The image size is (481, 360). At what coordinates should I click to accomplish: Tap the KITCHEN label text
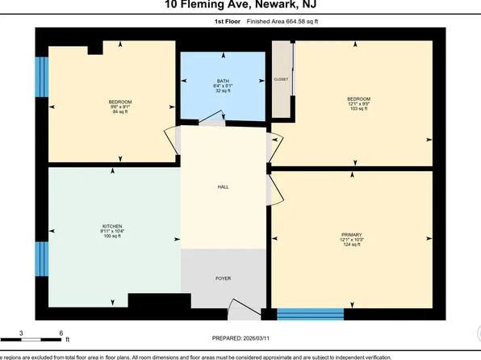pos(111,225)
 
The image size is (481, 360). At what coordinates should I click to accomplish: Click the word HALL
pos(223,186)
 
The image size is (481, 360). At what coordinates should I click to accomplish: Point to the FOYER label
pos(223,278)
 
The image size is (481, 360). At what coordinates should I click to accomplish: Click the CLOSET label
pos(281,79)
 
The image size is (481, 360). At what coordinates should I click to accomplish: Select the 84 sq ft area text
pos(119,111)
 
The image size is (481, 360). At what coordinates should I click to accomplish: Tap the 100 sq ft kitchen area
pos(111,236)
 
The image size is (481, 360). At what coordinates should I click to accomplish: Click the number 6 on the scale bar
pos(61,332)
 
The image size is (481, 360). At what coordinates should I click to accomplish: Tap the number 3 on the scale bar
pos(21,332)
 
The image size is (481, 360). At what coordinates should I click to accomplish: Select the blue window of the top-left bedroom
pos(40,77)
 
